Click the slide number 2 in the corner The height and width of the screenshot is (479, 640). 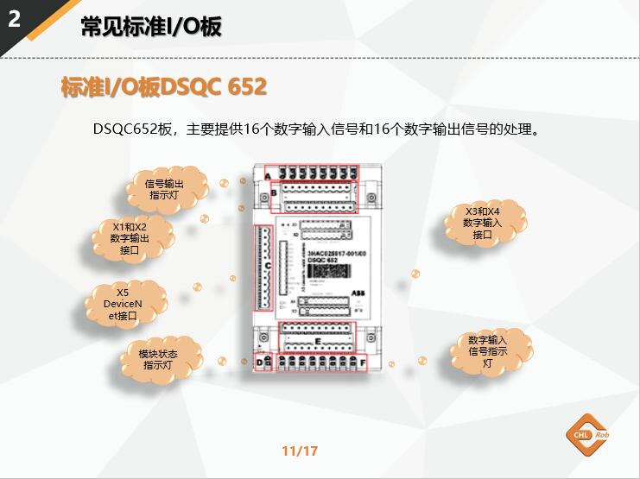(x=14, y=19)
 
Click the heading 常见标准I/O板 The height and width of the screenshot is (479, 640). (x=151, y=27)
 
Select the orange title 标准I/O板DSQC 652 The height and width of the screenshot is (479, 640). (x=164, y=87)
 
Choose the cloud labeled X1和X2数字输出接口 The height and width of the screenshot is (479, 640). (x=130, y=238)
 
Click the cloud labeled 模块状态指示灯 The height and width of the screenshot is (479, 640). (x=158, y=359)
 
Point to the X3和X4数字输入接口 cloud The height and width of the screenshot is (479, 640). (x=482, y=223)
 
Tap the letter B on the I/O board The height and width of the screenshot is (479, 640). (x=274, y=195)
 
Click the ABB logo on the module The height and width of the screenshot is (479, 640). (x=358, y=294)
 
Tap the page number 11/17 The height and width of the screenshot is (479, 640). (x=300, y=451)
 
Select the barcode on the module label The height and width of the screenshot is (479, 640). (x=327, y=272)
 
